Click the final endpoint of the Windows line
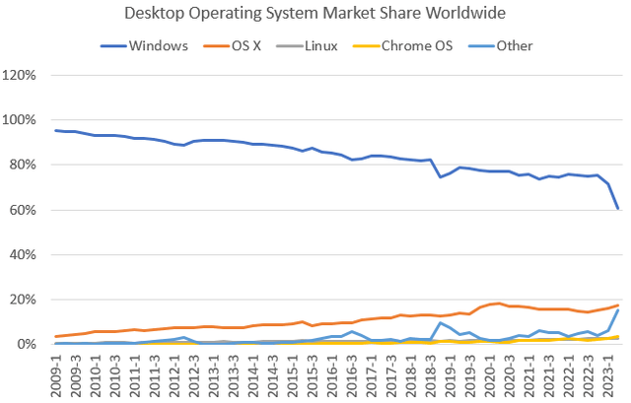coord(618,208)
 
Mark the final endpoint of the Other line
coord(618,309)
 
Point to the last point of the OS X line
coord(618,305)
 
